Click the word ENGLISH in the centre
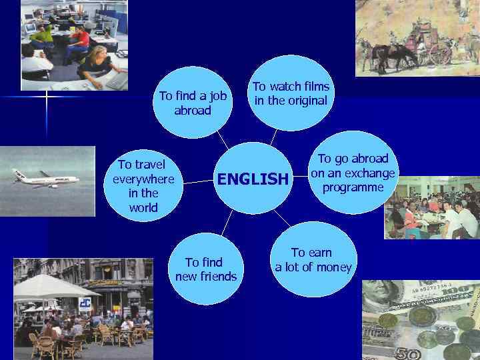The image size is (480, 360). click(x=252, y=179)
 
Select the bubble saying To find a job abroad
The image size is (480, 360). click(x=193, y=103)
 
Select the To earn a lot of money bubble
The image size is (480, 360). click(x=313, y=261)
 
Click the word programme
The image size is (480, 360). click(x=353, y=187)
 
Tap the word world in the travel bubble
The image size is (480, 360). click(x=143, y=208)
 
